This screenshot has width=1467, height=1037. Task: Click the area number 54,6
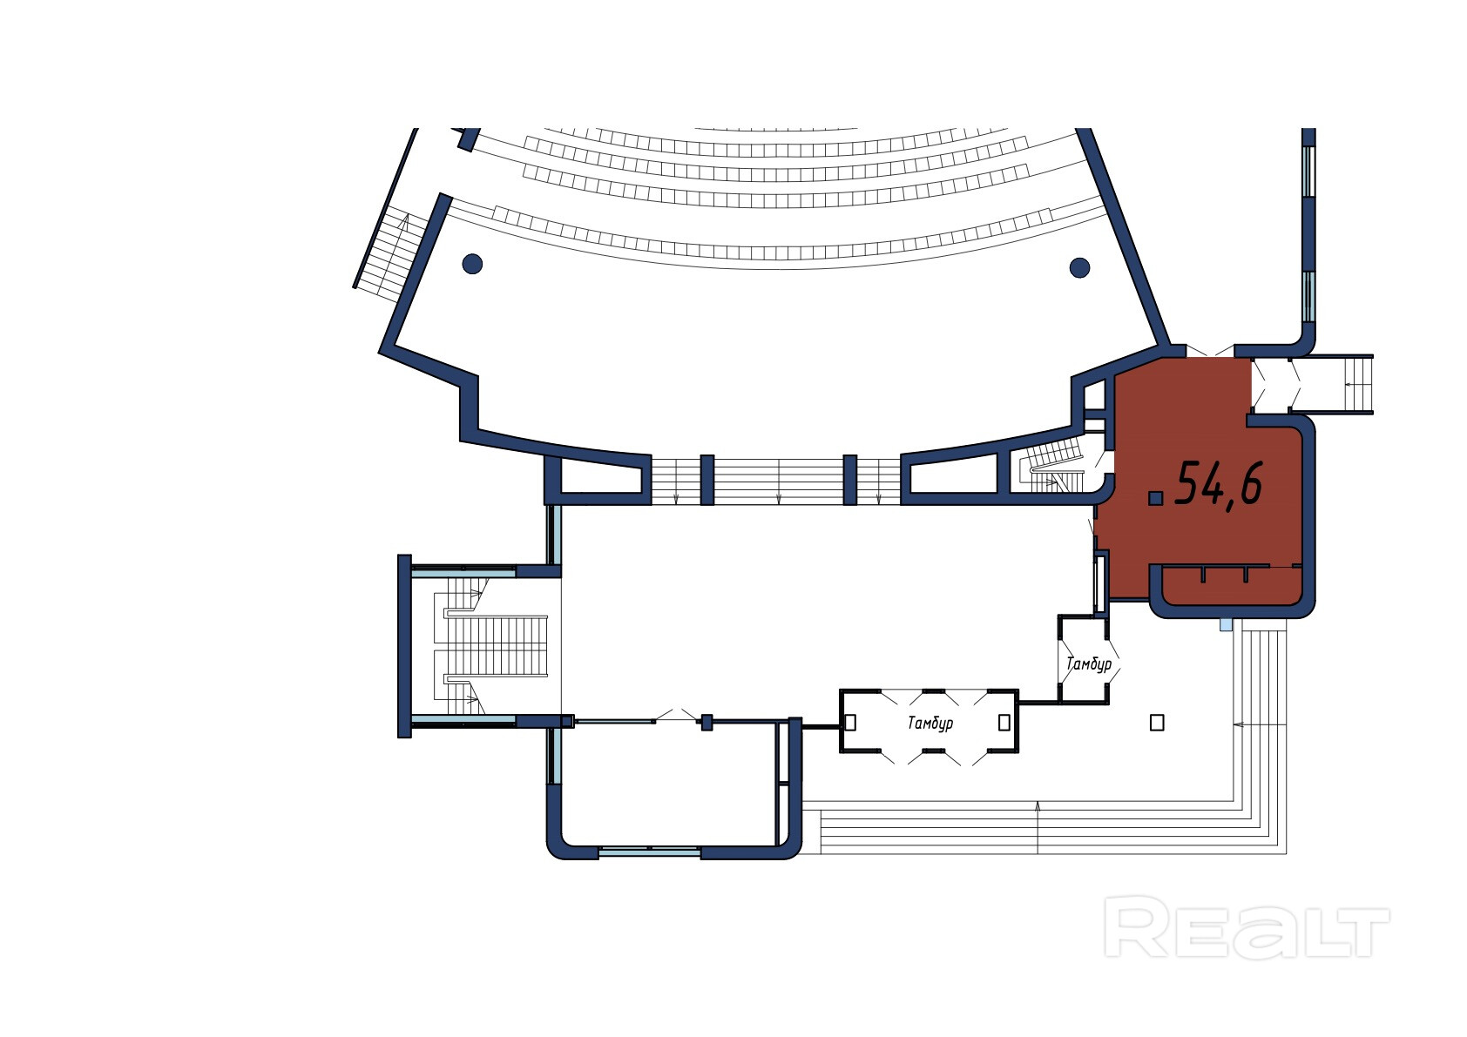[x=1219, y=484]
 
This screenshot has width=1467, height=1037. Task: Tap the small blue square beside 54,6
[x=1156, y=498]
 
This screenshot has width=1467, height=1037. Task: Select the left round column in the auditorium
[x=472, y=263]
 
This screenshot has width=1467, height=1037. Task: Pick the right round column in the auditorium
[x=1079, y=267]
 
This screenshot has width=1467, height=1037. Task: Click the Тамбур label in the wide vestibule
[x=930, y=723]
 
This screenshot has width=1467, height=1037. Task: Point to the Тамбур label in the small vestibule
[x=1089, y=664]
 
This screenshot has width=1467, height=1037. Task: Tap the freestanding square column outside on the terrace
[x=1157, y=722]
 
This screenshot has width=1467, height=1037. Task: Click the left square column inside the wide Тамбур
[x=850, y=722]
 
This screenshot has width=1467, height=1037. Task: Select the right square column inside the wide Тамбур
[x=1004, y=722]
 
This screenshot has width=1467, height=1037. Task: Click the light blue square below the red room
[x=1227, y=624]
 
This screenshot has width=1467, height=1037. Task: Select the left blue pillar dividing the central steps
[x=706, y=480]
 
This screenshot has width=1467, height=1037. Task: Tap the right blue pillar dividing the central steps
[x=850, y=480]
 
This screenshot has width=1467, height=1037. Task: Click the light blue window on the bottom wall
[x=650, y=852]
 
